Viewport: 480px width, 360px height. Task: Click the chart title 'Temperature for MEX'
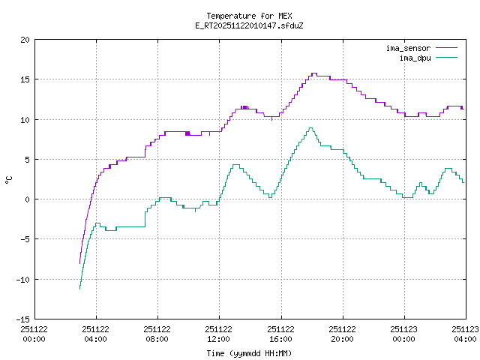coord(249,16)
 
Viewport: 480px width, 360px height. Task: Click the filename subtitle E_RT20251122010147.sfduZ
coord(249,25)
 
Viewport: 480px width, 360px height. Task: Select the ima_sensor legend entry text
coord(408,48)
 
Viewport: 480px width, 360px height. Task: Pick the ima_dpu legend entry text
coord(415,57)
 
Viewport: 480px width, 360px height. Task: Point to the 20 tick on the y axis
coord(25,40)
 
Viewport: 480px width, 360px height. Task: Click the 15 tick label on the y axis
coord(25,79)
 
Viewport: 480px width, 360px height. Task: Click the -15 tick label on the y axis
coord(23,319)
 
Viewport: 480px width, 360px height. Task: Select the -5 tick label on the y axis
coord(25,239)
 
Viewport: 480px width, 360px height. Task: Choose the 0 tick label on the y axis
coord(28,199)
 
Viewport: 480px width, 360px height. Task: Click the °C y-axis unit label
coord(9,179)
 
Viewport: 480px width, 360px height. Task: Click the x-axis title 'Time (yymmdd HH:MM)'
coord(249,353)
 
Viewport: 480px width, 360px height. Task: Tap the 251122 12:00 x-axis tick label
coord(219,334)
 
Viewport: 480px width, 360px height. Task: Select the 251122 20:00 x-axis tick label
coord(342,334)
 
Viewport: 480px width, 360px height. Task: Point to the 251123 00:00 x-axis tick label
coord(403,334)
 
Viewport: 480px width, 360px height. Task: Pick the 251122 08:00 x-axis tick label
coord(157,334)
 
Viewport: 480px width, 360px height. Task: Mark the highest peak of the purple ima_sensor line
coord(314,73)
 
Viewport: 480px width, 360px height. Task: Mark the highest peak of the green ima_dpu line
coord(310,127)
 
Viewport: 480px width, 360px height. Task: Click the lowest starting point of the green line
coord(79,289)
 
